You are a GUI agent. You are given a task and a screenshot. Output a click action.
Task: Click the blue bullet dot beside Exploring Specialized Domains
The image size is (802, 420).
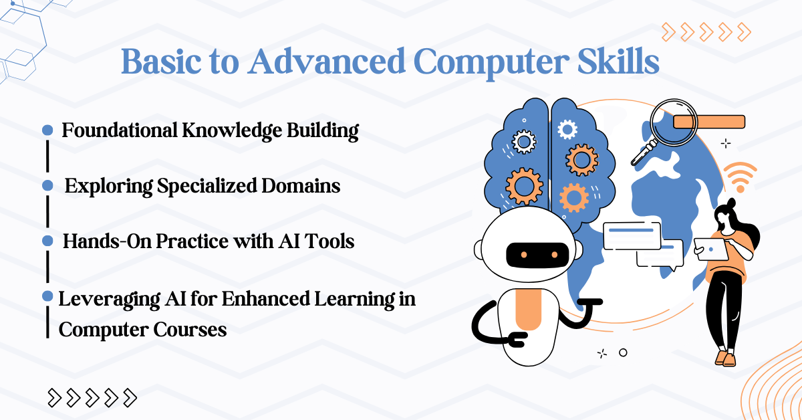point(47,185)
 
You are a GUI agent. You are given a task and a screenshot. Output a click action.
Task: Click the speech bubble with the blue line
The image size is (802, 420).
point(632,233)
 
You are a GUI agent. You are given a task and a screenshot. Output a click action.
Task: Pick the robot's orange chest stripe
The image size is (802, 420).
point(529,311)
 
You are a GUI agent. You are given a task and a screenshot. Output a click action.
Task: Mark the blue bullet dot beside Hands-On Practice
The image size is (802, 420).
point(47,240)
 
